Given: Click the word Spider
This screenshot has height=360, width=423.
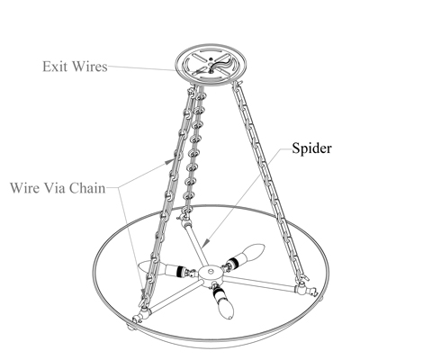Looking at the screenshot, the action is pos(311,148).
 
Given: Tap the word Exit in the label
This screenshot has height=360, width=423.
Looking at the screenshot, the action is pos(54,67).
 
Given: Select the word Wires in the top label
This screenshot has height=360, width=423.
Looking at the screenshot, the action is pos(90,67).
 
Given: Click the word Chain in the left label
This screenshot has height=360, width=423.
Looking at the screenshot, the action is pos(88,188).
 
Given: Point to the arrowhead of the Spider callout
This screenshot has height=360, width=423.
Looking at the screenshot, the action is pos(206,242).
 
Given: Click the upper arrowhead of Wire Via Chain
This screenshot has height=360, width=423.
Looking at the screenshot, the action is pos(169,162).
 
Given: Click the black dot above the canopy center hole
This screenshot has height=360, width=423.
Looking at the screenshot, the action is pos(211,59).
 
